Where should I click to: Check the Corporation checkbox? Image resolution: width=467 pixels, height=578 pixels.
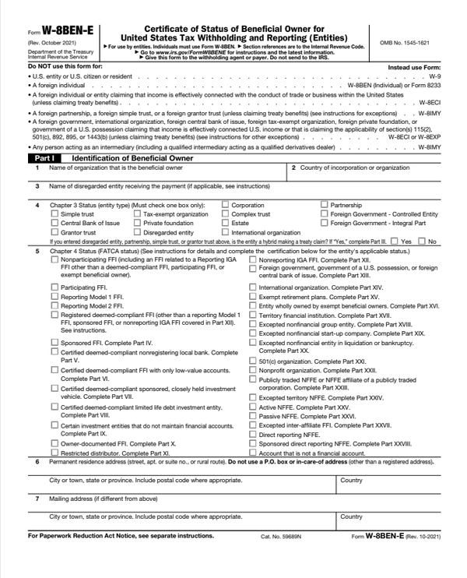(x=226, y=205)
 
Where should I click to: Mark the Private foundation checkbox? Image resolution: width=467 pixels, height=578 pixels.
(x=137, y=224)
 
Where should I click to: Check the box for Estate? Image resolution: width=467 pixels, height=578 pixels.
(x=226, y=224)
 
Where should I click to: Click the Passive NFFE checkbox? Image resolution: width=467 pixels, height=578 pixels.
(x=252, y=417)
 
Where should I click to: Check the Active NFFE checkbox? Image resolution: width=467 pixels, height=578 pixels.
(x=252, y=407)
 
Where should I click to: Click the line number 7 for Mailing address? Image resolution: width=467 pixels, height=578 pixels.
(x=37, y=498)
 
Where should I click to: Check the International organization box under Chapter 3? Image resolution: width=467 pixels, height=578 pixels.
(x=226, y=233)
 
